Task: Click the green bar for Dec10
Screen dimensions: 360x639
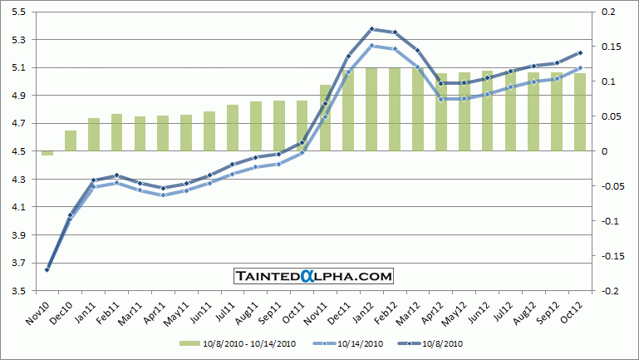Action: click(x=71, y=141)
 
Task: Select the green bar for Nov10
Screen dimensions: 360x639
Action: click(x=47, y=153)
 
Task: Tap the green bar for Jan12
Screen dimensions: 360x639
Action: click(x=371, y=109)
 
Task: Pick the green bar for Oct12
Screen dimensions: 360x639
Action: click(x=580, y=111)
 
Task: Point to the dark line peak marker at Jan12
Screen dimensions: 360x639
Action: click(x=371, y=29)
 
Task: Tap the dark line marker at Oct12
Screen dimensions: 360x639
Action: click(x=580, y=52)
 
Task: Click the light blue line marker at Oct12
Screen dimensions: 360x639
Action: click(x=580, y=68)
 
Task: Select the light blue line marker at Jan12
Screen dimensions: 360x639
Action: click(x=371, y=46)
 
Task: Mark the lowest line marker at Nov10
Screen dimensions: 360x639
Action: click(x=47, y=269)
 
